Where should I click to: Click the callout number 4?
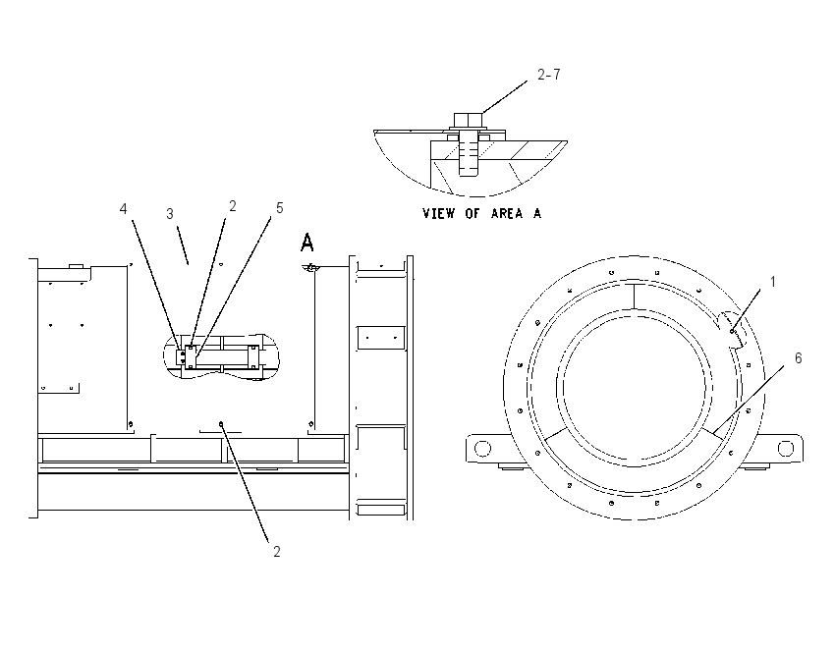coord(123,209)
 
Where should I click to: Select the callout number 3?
coord(170,214)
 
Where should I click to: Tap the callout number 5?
coord(280,208)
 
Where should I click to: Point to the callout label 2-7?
coord(549,75)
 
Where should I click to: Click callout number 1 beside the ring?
coord(773,282)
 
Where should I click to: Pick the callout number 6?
coord(798,358)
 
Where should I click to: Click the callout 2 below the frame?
coord(276,552)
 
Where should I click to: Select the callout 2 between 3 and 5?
coord(232,206)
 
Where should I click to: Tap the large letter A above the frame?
coord(307,243)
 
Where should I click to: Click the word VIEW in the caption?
coord(439,213)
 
